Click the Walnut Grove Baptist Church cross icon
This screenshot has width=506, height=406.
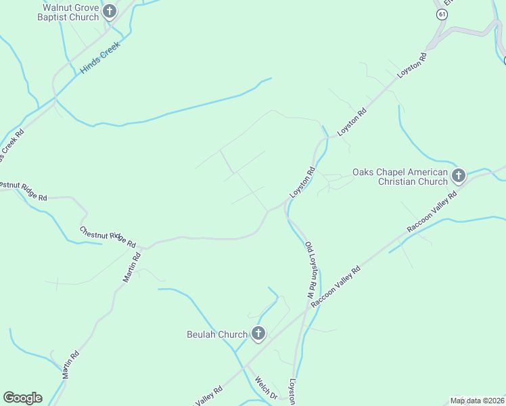coord(109,11)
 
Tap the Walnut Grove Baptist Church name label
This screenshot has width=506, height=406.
coord(70,11)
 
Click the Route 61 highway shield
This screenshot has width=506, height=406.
coord(442,14)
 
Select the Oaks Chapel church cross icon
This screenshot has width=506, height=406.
coord(459,177)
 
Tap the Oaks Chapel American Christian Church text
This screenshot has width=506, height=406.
coord(400,177)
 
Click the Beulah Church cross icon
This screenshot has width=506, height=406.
coord(258,333)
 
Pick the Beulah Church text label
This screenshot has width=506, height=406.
coord(217,334)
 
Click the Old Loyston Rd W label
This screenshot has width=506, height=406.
coord(311,271)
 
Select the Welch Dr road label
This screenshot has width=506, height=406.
coord(266,387)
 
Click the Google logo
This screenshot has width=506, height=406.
coord(22,398)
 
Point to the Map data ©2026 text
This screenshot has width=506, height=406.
coord(477,401)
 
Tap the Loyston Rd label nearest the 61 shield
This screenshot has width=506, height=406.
coord(412,68)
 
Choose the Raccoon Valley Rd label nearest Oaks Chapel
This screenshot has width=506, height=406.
coord(432,212)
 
